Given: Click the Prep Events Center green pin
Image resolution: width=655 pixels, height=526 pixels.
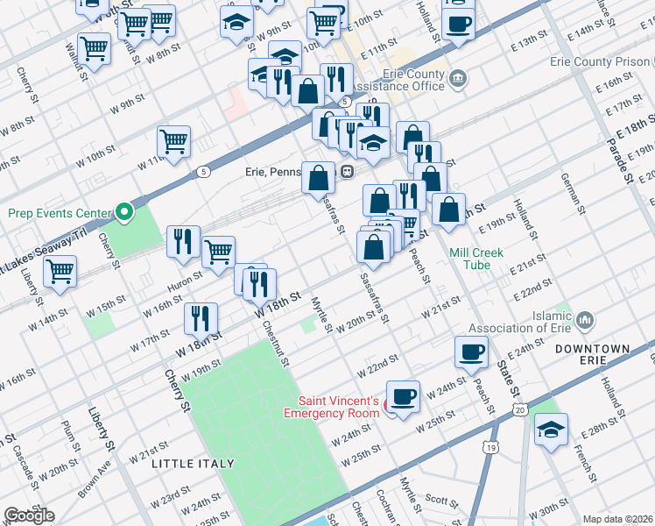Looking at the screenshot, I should tap(125, 212).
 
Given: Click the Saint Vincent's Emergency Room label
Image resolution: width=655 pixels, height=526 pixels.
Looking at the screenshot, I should tap(338, 407).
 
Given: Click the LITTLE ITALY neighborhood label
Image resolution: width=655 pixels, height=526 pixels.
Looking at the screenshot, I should tap(193, 463).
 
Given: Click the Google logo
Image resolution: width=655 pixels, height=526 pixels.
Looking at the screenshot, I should tap(29, 515).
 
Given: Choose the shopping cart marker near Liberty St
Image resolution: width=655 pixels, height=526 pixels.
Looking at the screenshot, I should tap(60, 273).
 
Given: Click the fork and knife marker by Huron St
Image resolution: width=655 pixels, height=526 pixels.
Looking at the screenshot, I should tap(182, 242).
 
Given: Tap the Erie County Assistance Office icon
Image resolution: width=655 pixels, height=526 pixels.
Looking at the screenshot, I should tap(457, 81).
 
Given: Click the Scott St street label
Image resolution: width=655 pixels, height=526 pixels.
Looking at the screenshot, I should tap(441, 502).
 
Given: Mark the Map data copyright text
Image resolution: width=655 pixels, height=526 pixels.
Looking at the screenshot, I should tap(617, 519).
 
